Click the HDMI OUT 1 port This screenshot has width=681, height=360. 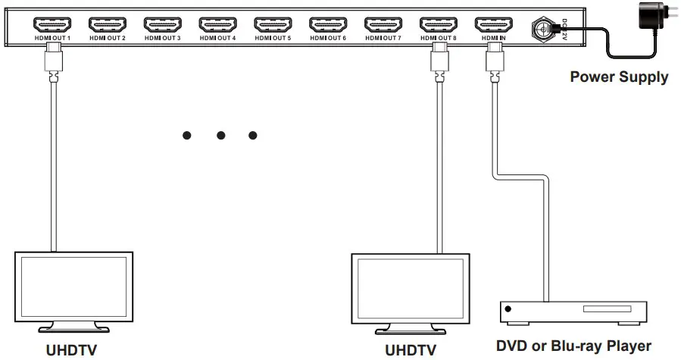coord(52,23)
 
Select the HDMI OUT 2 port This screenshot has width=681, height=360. coord(107,23)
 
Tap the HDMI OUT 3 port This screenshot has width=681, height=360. coord(162,23)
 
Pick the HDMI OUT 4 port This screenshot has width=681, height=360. coord(217,23)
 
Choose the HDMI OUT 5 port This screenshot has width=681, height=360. coord(273,23)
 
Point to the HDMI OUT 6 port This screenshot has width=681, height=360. coord(328,23)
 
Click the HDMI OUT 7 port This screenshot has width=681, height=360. coord(383,23)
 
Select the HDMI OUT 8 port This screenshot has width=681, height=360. coord(439,23)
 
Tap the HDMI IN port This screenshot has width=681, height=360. coord(493,23)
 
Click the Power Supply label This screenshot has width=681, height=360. coord(619,77)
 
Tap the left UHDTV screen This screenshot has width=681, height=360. coord(73,288)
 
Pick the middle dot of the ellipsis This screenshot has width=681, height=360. coord(220,136)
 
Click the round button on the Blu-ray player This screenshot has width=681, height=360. coord(508,310)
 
